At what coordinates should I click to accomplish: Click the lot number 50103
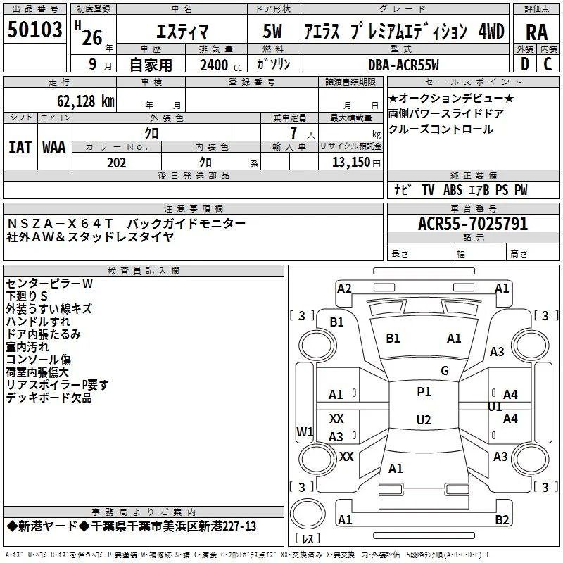[x=34, y=30]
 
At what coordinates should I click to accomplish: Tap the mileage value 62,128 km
[x=86, y=101]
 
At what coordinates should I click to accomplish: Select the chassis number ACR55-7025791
[x=473, y=224]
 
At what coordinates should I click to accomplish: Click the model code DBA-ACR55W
[x=403, y=65]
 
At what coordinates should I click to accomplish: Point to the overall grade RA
[x=536, y=32]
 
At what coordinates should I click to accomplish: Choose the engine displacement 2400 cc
[x=221, y=65]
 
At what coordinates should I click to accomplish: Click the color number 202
[x=116, y=163]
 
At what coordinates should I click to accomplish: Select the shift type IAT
[x=20, y=147]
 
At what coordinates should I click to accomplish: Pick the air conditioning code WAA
[x=54, y=147]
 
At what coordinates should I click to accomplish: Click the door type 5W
[x=272, y=31]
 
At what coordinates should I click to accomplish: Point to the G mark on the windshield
[x=445, y=370]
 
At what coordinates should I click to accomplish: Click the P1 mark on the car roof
[x=424, y=391]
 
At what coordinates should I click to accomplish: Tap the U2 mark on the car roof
[x=424, y=419]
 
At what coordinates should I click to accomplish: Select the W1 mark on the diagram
[x=305, y=431]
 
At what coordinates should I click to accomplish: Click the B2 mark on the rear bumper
[x=502, y=519]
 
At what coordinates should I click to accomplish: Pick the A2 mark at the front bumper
[x=344, y=288]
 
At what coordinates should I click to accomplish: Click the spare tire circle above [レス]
[x=308, y=514]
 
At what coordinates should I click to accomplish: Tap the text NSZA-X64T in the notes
[x=60, y=223]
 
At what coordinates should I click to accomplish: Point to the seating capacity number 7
[x=293, y=133]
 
